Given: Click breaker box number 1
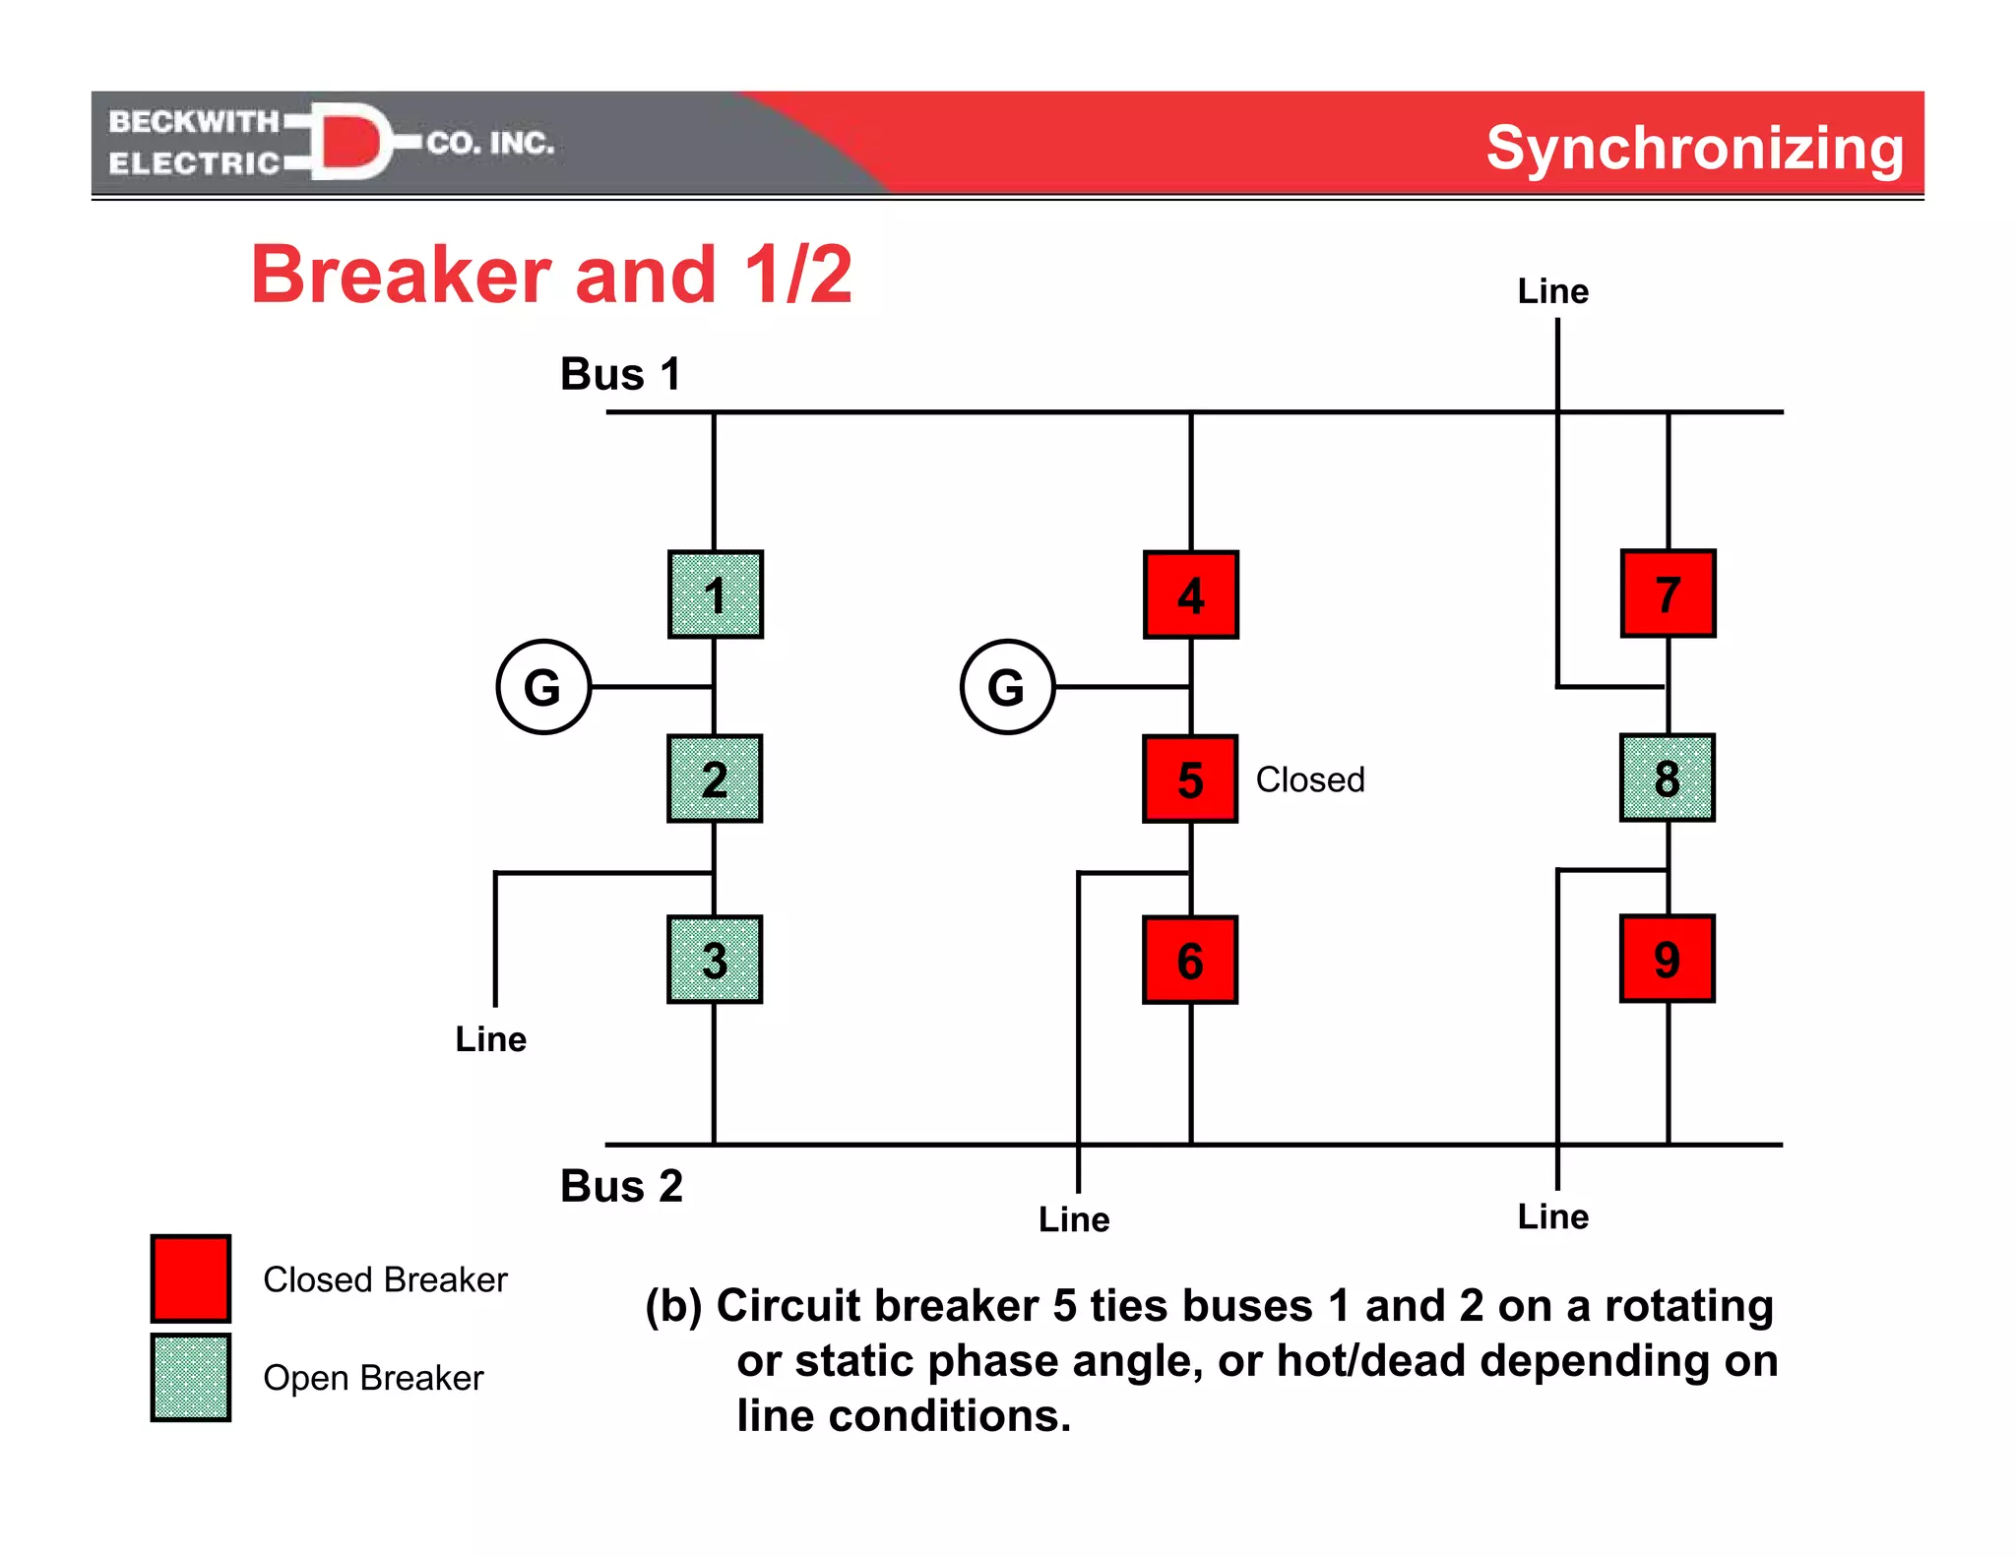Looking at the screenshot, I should coord(716,594).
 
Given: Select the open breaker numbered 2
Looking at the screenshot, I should coord(715,778).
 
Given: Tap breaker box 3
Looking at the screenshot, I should coord(715,960).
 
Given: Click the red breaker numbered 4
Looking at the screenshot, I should coord(1191,594).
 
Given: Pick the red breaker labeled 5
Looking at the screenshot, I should coord(1190,778).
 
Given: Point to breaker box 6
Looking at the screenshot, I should coord(1190,960).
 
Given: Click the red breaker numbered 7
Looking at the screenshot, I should coord(1668,593).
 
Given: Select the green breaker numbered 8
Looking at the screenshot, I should coord(1667,778).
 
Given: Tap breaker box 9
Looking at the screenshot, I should coord(1667,959).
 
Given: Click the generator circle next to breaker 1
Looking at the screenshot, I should coord(543,687).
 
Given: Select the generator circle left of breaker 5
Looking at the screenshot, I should coord(1007,687).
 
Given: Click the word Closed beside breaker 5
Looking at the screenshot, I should coord(1310,779).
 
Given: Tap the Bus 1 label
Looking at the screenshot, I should coord(620,374).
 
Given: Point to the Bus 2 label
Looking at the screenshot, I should coord(621,1186).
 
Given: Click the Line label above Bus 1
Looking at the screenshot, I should coord(1552,291).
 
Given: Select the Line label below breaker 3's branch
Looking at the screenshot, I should coord(490,1039).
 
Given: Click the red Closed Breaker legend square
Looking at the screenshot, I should coord(191,1278).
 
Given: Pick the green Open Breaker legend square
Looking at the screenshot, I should coord(191,1377).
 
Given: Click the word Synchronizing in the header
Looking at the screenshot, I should coord(1694,148).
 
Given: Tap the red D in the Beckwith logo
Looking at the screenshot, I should coord(350,141).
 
